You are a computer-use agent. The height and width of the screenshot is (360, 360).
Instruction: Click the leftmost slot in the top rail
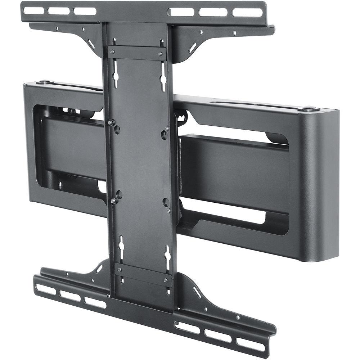(34, 10)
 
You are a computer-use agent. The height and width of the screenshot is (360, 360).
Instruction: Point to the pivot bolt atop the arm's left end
(44, 82)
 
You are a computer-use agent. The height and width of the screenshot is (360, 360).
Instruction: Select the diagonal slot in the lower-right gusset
(197, 292)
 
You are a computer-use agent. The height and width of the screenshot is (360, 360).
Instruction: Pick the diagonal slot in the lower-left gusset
(99, 268)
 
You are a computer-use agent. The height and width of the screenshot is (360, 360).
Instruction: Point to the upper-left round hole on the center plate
(117, 130)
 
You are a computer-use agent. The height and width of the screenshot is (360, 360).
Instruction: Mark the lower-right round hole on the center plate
(166, 202)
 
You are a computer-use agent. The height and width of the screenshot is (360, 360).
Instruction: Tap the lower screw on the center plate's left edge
(113, 201)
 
